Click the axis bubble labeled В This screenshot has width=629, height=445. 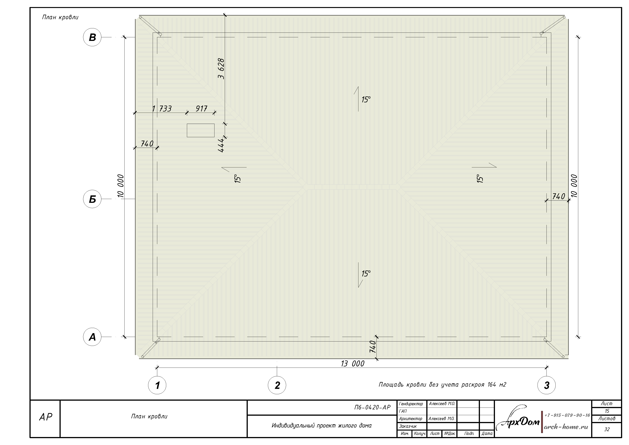click(92, 37)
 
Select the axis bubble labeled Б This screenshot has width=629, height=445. click(92, 199)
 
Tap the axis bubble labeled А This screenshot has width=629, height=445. click(92, 337)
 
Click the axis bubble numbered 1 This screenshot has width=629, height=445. click(157, 385)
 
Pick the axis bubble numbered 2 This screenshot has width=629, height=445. click(277, 385)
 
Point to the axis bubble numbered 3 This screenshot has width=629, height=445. click(546, 385)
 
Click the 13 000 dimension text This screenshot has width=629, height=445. click(353, 364)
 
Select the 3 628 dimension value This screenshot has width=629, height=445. click(221, 68)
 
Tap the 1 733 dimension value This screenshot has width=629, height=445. click(162, 109)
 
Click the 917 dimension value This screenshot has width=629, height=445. click(201, 109)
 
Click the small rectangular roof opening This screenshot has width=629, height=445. click(201, 130)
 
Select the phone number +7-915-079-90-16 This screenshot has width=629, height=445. click(567, 415)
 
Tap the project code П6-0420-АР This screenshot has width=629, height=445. click(372, 408)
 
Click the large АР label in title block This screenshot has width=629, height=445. click(45, 417)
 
